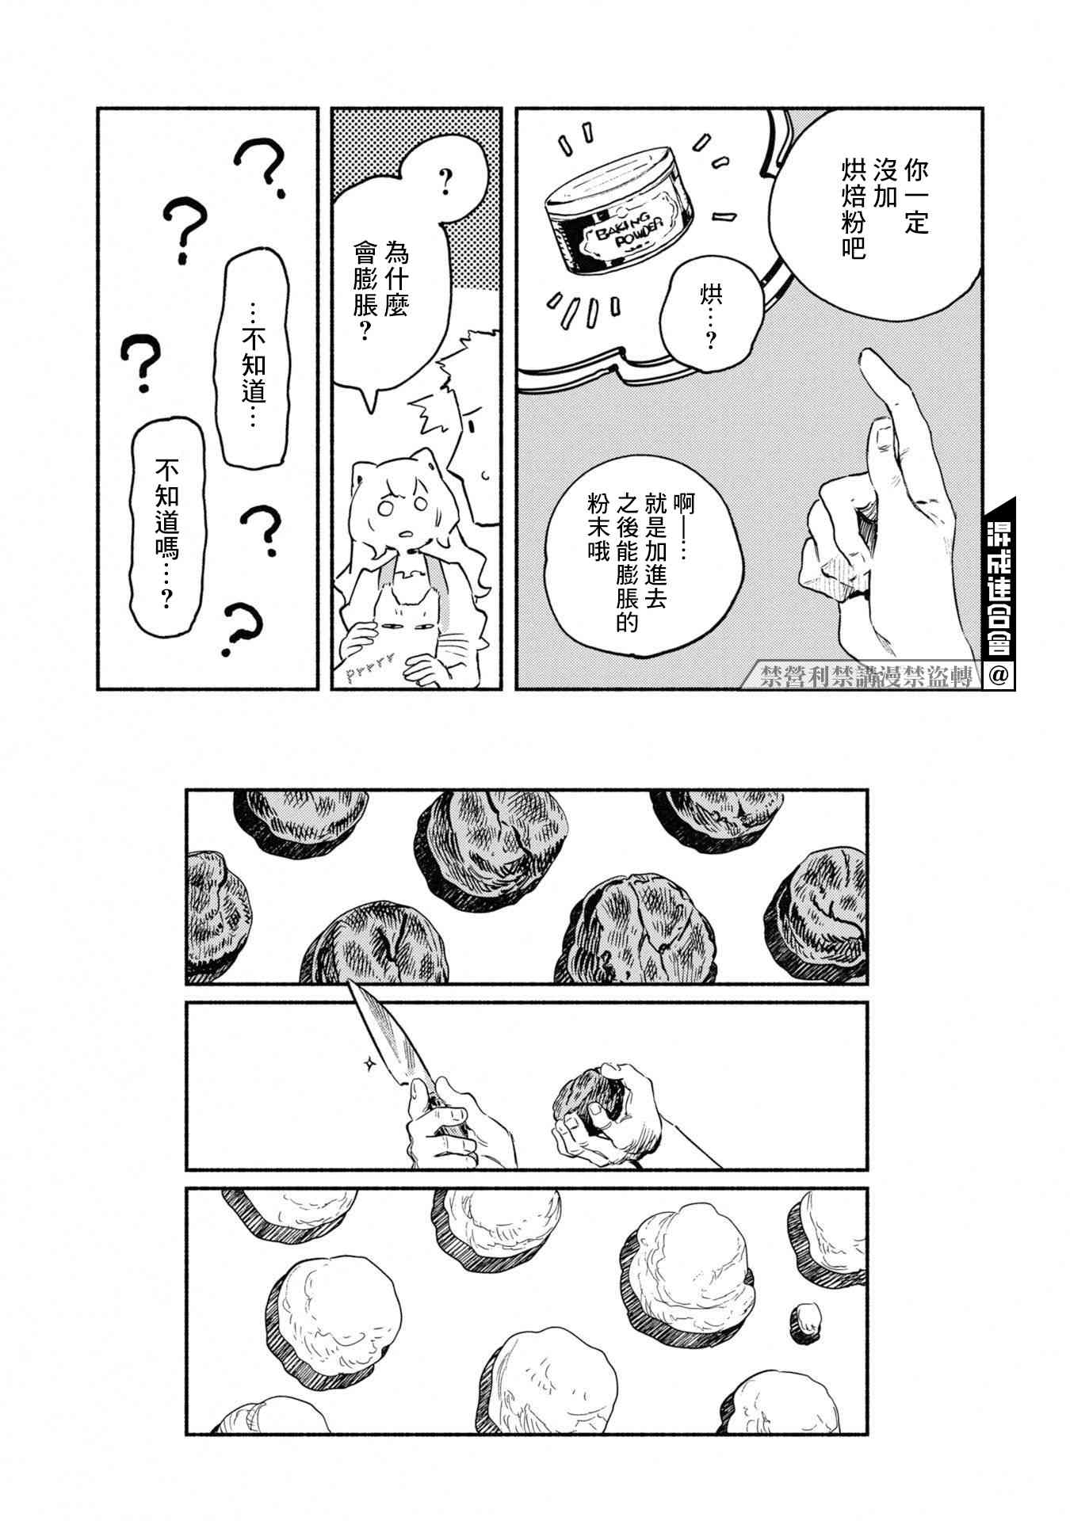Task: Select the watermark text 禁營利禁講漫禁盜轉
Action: tap(863, 677)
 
